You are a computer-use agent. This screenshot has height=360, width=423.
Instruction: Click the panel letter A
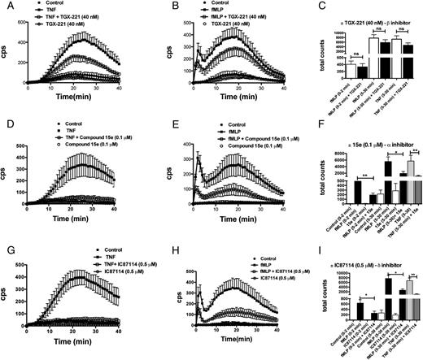7,7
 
